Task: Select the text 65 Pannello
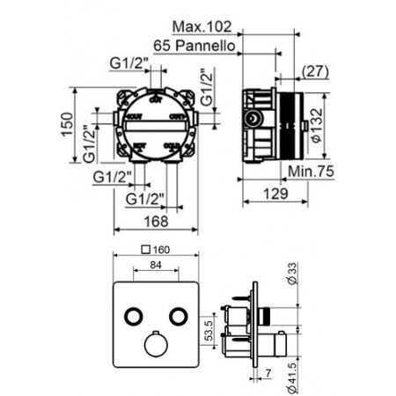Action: point(193,47)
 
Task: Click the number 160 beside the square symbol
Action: point(166,248)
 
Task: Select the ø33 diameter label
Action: point(292,281)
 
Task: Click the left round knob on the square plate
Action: point(132,314)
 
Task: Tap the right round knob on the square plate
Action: point(182,314)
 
